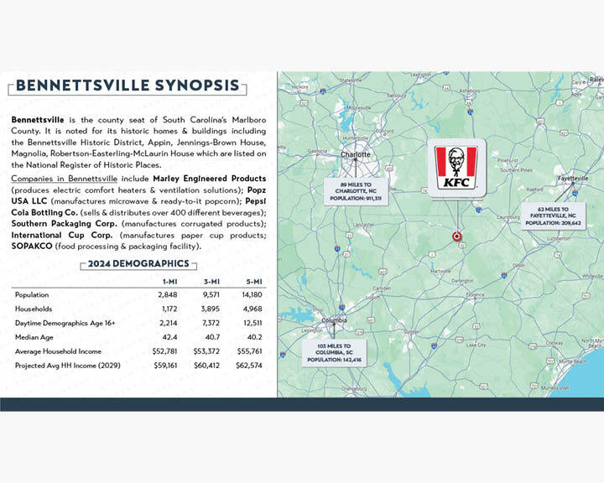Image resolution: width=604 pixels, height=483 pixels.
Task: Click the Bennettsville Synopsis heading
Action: click(x=127, y=86)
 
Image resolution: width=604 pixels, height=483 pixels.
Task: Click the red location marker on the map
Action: click(x=456, y=236)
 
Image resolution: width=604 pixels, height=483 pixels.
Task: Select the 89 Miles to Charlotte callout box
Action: click(x=356, y=190)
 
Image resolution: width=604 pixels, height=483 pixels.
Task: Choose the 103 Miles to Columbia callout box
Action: click(x=334, y=352)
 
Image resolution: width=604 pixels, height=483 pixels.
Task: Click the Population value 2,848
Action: click(x=169, y=295)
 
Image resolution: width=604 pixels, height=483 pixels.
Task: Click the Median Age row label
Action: click(x=34, y=337)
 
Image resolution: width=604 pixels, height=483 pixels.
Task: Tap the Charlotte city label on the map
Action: click(x=356, y=155)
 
